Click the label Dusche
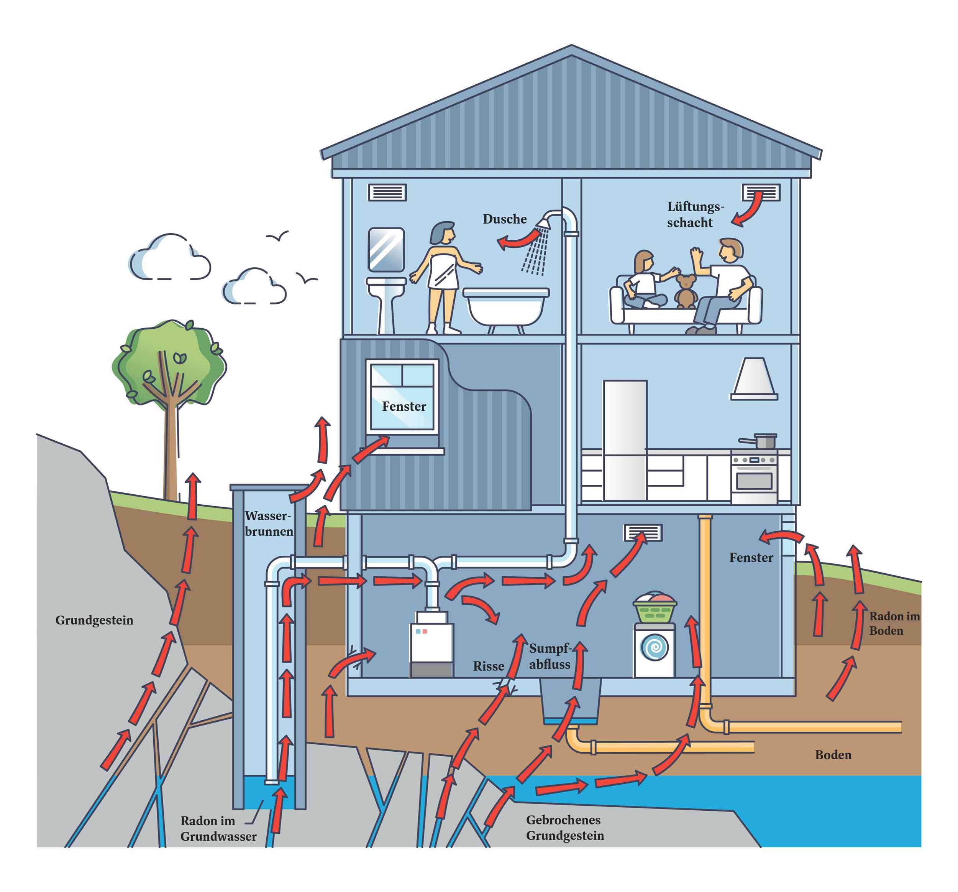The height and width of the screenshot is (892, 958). tap(505, 219)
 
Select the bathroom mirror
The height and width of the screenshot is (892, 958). tap(386, 250)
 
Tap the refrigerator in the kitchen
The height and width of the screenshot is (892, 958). tap(625, 440)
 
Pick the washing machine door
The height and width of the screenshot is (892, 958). tap(655, 648)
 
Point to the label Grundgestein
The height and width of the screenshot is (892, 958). tap(94, 620)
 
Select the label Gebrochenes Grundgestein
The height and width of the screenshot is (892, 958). tap(565, 828)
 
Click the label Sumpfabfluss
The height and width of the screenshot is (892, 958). tap(550, 656)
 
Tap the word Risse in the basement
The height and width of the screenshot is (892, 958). tap(489, 667)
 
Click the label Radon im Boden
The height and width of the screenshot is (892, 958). tap(894, 624)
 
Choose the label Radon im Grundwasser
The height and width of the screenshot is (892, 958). tap(218, 828)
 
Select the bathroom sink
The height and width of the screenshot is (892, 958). tap(386, 303)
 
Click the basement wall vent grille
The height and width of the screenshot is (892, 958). tap(643, 533)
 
